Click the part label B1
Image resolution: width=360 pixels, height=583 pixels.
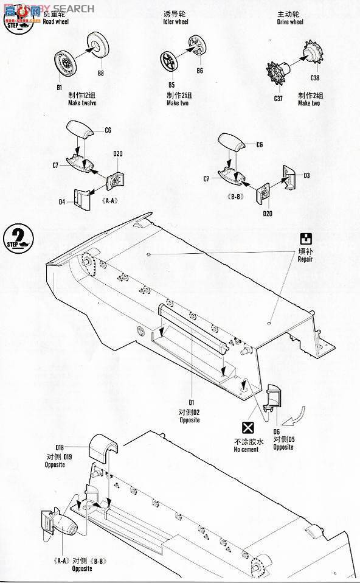tap(59, 87)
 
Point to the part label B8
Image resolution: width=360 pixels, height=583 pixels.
tap(101, 74)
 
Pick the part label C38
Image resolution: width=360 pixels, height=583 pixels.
tap(314, 77)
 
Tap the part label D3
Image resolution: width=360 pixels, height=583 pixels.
tap(306, 175)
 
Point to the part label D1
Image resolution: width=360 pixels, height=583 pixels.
tap(190, 402)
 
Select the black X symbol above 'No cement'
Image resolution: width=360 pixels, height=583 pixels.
tap(247, 427)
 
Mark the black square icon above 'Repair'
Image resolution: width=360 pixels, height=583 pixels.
tap(305, 238)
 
